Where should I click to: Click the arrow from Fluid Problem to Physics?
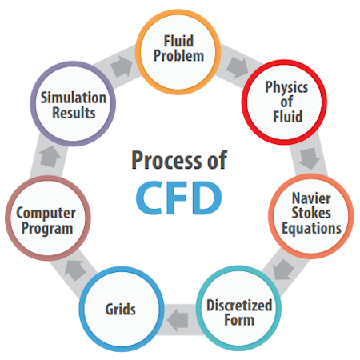(x=237, y=67)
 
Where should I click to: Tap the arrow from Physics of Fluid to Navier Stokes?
(x=310, y=158)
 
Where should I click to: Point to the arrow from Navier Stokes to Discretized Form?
(x=283, y=270)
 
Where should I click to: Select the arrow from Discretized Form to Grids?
(x=178, y=320)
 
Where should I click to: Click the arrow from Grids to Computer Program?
(x=75, y=270)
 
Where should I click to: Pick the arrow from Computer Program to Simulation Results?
(x=50, y=157)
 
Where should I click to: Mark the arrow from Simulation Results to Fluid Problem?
(x=122, y=66)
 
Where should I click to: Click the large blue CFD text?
(x=178, y=198)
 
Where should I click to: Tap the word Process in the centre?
(x=166, y=160)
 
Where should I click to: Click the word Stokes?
(x=311, y=213)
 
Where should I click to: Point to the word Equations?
(x=311, y=229)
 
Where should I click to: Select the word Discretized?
(x=239, y=306)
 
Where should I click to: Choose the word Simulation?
(x=74, y=98)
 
